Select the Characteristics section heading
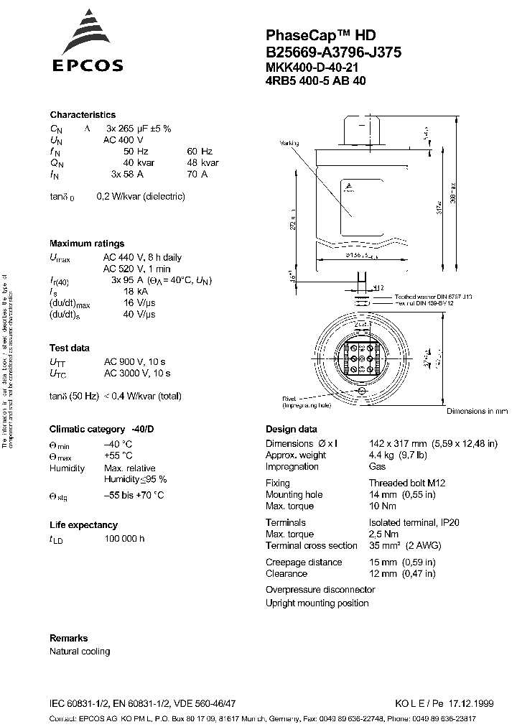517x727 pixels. tap(82, 115)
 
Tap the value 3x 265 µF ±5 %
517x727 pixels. tap(138, 128)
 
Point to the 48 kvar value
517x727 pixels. tap(204, 162)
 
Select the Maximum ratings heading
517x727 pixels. tap(86, 244)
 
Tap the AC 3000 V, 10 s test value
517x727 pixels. tap(136, 373)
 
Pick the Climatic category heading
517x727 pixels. tap(101, 429)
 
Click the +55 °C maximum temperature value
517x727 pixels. tap(118, 455)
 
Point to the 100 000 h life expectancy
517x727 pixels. tap(124, 539)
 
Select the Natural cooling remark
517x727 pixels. tap(80, 652)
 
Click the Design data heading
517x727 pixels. tap(291, 429)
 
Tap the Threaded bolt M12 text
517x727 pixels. tap(407, 483)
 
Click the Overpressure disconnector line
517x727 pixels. tap(320, 589)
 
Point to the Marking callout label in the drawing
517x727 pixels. tap(288, 144)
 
